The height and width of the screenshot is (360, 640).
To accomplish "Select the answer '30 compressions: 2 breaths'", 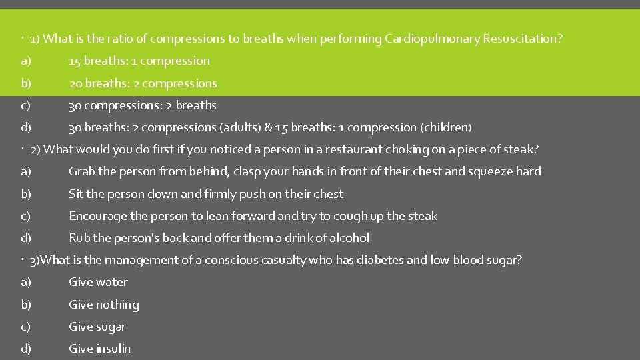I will coord(143,105).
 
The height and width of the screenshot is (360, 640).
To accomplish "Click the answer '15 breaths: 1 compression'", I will coord(139,61).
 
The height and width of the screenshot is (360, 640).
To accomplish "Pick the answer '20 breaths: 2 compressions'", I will coord(143,83).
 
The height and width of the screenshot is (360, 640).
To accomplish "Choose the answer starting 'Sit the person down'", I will coord(206,194).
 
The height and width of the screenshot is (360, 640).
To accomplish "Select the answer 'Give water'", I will coord(98,282).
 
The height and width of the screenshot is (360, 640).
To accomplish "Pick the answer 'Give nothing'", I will coord(104,305).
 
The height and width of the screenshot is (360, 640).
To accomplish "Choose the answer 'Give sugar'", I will coord(97,327).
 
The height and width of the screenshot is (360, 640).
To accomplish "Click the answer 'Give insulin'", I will coord(100,349).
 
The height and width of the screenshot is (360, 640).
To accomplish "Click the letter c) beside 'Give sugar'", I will coord(26,327).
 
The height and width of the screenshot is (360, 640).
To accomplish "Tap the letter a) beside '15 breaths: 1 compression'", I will coord(26,61).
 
